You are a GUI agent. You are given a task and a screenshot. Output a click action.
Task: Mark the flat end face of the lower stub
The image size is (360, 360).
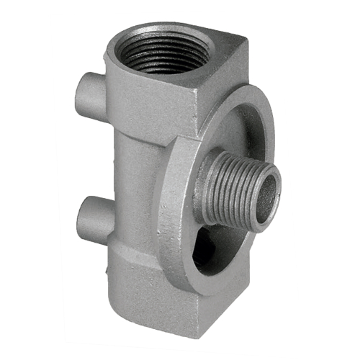[81, 215]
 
